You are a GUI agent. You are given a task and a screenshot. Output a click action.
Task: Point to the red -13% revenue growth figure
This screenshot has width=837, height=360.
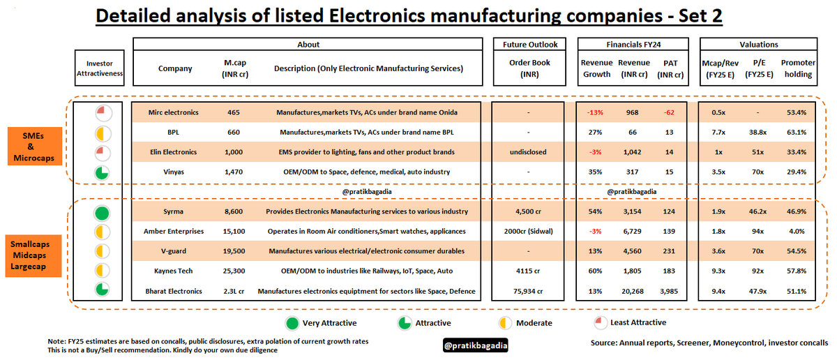tap(595, 112)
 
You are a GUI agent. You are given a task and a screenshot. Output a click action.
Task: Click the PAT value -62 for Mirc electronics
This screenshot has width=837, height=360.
tap(670, 112)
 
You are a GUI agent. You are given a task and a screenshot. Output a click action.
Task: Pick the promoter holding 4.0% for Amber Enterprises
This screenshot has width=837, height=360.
tap(799, 230)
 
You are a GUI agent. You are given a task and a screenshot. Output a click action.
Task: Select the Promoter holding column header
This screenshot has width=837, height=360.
tap(799, 68)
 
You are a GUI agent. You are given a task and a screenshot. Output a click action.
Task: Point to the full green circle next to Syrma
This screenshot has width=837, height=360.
tap(102, 212)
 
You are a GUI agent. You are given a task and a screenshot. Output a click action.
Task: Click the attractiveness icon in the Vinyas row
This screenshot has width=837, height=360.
tap(102, 172)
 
